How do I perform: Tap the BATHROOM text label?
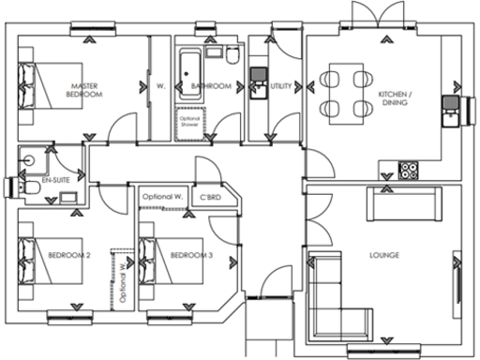pos(211,86)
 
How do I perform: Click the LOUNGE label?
pos(384,254)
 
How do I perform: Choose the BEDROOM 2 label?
pos(70,254)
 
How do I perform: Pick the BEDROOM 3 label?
pos(191,254)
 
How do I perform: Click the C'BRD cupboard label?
pos(210,197)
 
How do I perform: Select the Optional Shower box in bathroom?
pos(190,123)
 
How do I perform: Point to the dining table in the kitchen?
pos(344,93)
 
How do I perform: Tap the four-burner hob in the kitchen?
pos(410,171)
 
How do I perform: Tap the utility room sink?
pos(258,82)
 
